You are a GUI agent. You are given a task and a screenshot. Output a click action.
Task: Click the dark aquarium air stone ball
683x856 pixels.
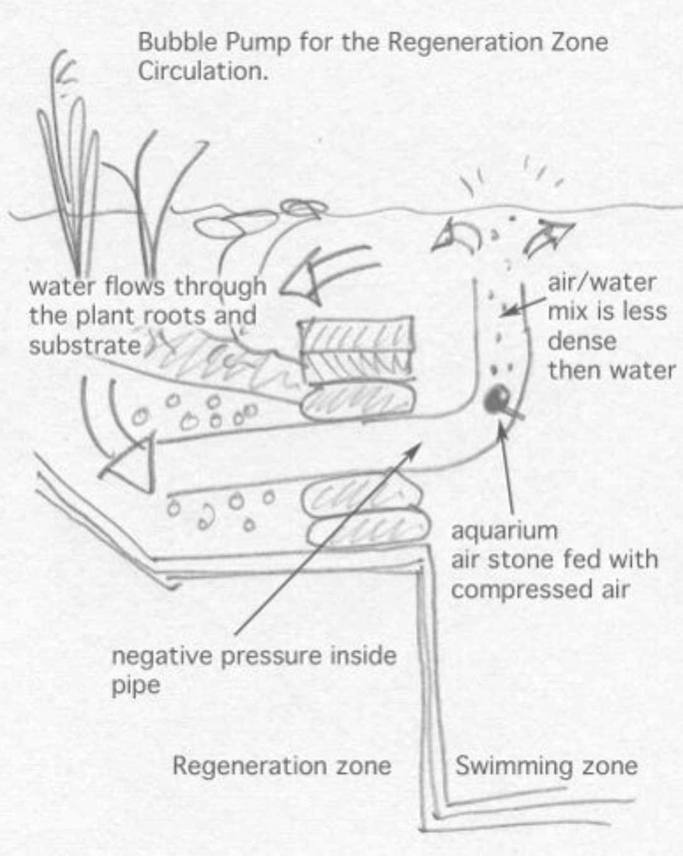click(x=497, y=398)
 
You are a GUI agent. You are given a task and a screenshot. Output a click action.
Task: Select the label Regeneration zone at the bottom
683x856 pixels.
click(x=282, y=766)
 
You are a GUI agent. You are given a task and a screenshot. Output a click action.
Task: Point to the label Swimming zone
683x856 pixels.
click(x=546, y=766)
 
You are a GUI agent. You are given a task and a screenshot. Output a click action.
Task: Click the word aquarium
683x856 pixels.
click(x=504, y=531)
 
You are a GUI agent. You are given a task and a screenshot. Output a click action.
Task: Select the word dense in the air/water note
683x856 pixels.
click(x=582, y=341)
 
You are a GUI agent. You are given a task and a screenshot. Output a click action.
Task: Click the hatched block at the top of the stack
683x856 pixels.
click(x=356, y=335)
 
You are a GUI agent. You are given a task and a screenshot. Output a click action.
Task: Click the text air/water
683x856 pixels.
click(x=602, y=282)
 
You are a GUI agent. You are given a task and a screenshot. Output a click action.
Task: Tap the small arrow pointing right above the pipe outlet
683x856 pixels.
click(x=551, y=238)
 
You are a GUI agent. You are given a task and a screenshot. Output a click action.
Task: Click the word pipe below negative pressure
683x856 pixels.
click(x=135, y=686)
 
